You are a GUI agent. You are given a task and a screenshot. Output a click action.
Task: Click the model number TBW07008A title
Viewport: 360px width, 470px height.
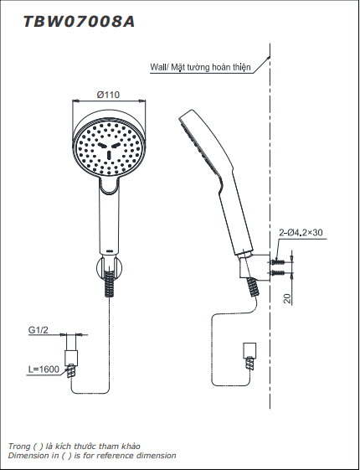79,22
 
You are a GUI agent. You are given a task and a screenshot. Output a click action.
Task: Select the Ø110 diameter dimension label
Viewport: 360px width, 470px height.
108,95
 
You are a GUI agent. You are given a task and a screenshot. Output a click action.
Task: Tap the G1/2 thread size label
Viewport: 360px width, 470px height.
38,330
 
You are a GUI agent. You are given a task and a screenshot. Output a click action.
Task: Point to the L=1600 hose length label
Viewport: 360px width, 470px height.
44,369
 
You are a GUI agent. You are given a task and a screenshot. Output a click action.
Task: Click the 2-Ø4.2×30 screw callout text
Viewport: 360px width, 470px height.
301,232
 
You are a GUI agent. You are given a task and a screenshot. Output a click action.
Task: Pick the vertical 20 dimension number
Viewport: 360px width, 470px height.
287,298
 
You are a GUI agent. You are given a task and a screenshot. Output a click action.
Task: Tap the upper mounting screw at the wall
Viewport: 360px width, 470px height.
277,262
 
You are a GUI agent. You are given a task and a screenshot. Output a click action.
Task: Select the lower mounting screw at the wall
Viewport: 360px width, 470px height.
277,273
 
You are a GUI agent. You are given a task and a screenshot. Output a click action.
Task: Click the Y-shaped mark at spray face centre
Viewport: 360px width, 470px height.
109,150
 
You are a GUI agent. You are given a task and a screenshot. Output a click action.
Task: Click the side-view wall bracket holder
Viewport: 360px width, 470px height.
255,267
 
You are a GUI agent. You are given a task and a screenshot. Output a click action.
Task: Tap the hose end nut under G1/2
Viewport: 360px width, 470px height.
71,358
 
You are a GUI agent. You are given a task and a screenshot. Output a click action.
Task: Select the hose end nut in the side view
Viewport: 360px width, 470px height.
249,349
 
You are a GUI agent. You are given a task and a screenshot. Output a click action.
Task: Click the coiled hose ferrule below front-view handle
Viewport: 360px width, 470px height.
110,283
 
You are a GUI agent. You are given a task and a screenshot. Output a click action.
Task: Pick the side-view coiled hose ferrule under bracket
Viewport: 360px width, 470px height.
253,287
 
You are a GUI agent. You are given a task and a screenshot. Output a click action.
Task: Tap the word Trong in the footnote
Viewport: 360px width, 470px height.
19,447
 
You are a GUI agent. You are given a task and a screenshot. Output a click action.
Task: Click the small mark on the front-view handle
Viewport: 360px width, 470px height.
110,250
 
